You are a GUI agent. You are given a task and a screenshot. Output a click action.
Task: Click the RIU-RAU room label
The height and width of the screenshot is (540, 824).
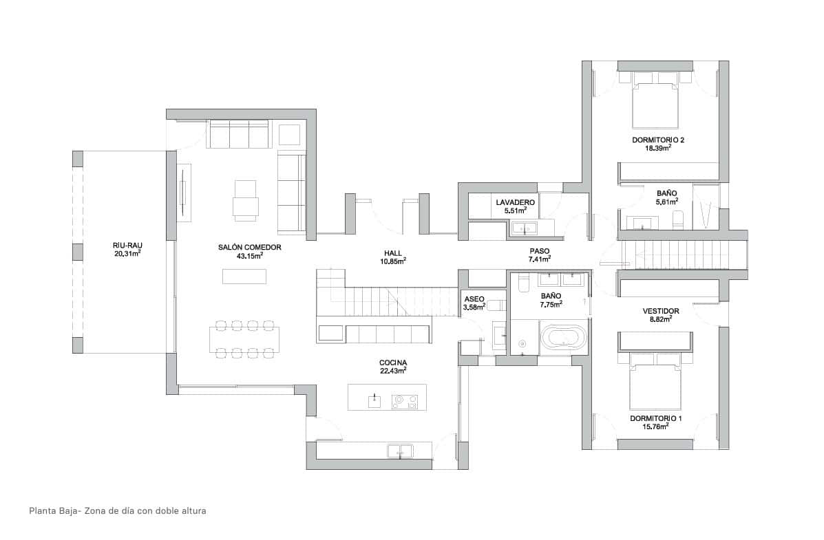pos(127,245)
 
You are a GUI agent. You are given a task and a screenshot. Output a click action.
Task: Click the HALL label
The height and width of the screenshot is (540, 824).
pos(393,253)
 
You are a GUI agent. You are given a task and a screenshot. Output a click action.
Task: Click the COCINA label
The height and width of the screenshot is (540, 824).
pos(393,363)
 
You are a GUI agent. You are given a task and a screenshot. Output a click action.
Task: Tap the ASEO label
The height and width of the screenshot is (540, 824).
pos(474,299)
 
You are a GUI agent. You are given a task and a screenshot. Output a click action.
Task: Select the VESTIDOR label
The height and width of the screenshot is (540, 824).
pos(660,311)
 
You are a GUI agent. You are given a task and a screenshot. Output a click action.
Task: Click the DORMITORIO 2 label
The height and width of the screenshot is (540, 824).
pos(658,140)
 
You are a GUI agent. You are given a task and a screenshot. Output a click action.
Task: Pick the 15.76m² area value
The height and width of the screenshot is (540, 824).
pos(656,426)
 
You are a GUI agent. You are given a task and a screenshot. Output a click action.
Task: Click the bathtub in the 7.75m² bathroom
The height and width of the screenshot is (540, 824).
pos(564,338)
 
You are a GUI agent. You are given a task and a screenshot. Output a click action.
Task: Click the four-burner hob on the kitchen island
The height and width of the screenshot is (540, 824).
pos(405,400)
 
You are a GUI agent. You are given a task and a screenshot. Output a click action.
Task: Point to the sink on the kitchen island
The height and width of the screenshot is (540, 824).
pos(374,400)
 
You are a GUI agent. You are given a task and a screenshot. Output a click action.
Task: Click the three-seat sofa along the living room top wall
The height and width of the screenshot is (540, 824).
pos(239,134)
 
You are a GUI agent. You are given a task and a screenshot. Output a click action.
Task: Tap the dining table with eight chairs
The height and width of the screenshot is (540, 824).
pos(244,338)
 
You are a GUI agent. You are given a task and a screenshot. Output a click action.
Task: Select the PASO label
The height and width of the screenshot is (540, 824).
pos(539,251)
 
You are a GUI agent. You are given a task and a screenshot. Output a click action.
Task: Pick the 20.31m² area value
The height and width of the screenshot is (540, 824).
pos(127,253)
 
